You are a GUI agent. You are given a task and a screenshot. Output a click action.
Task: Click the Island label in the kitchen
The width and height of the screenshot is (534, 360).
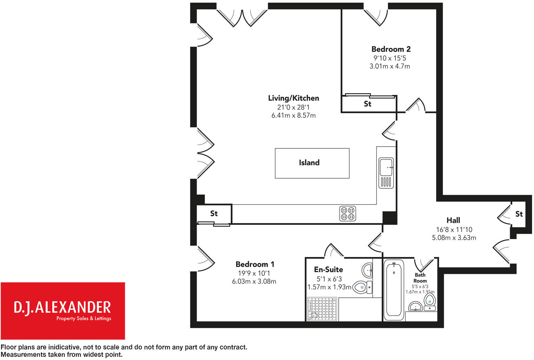pyautogui.click(x=309, y=163)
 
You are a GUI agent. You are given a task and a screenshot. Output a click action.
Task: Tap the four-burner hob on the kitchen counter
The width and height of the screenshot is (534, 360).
pyautogui.click(x=347, y=213)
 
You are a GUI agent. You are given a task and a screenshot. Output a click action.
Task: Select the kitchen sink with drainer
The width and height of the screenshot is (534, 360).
pyautogui.click(x=386, y=173)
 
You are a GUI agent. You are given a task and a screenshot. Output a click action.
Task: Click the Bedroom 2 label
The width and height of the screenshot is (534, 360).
pyautogui.click(x=391, y=49)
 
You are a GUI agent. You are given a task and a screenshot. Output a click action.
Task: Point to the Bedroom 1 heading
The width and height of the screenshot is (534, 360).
pyautogui.click(x=255, y=264)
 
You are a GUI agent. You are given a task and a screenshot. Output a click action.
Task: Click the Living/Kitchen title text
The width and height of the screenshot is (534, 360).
pyautogui.click(x=293, y=98)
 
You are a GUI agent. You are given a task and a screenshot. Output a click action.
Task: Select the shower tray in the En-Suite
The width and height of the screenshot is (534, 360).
pyautogui.click(x=322, y=309)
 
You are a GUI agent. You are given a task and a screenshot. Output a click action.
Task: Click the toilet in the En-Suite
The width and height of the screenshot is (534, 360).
pyautogui.click(x=362, y=287)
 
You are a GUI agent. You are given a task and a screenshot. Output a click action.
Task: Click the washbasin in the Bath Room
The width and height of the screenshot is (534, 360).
pyautogui.click(x=416, y=307)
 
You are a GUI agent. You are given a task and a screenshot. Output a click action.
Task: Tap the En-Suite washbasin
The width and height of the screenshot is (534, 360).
pyautogui.click(x=367, y=270)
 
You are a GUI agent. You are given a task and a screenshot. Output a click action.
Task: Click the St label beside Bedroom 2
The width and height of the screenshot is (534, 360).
pyautogui.click(x=367, y=104)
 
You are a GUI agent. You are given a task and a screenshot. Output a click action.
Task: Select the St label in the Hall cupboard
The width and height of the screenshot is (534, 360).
pyautogui.click(x=519, y=214)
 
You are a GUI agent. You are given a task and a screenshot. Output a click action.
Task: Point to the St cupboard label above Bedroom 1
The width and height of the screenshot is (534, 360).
pyautogui.click(x=214, y=213)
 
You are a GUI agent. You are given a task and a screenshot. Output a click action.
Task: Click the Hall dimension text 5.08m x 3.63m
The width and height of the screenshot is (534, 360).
pyautogui.click(x=454, y=238)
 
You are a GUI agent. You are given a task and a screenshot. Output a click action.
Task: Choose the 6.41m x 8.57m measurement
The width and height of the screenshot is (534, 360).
pyautogui.click(x=293, y=115)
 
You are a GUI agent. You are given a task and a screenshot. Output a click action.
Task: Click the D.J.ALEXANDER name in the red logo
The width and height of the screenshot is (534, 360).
pyautogui.click(x=62, y=307)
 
